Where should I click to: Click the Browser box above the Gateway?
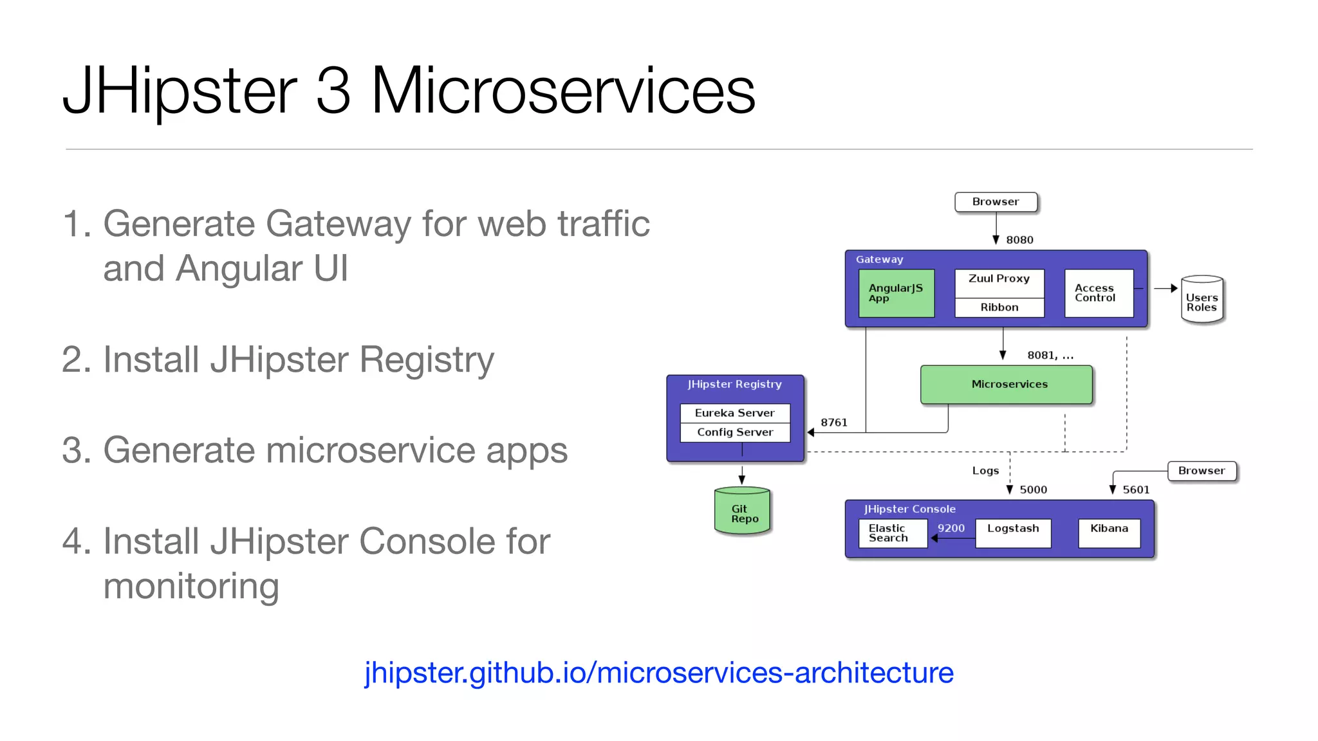pyautogui.click(x=996, y=202)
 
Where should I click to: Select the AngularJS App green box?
pyautogui.click(x=896, y=293)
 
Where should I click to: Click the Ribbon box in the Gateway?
pyautogui.click(x=999, y=307)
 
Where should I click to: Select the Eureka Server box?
pyautogui.click(x=734, y=413)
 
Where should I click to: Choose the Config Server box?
pyautogui.click(x=734, y=432)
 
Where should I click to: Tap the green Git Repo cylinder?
pyautogui.click(x=742, y=512)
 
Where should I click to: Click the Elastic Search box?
pyautogui.click(x=892, y=533)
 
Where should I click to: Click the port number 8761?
pyautogui.click(x=833, y=423)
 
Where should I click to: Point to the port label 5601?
pyautogui.click(x=1136, y=489)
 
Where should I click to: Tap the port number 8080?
pyautogui.click(x=1019, y=240)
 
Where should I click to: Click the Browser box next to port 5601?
pyautogui.click(x=1201, y=471)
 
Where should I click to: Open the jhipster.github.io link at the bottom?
pyautogui.click(x=658, y=673)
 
